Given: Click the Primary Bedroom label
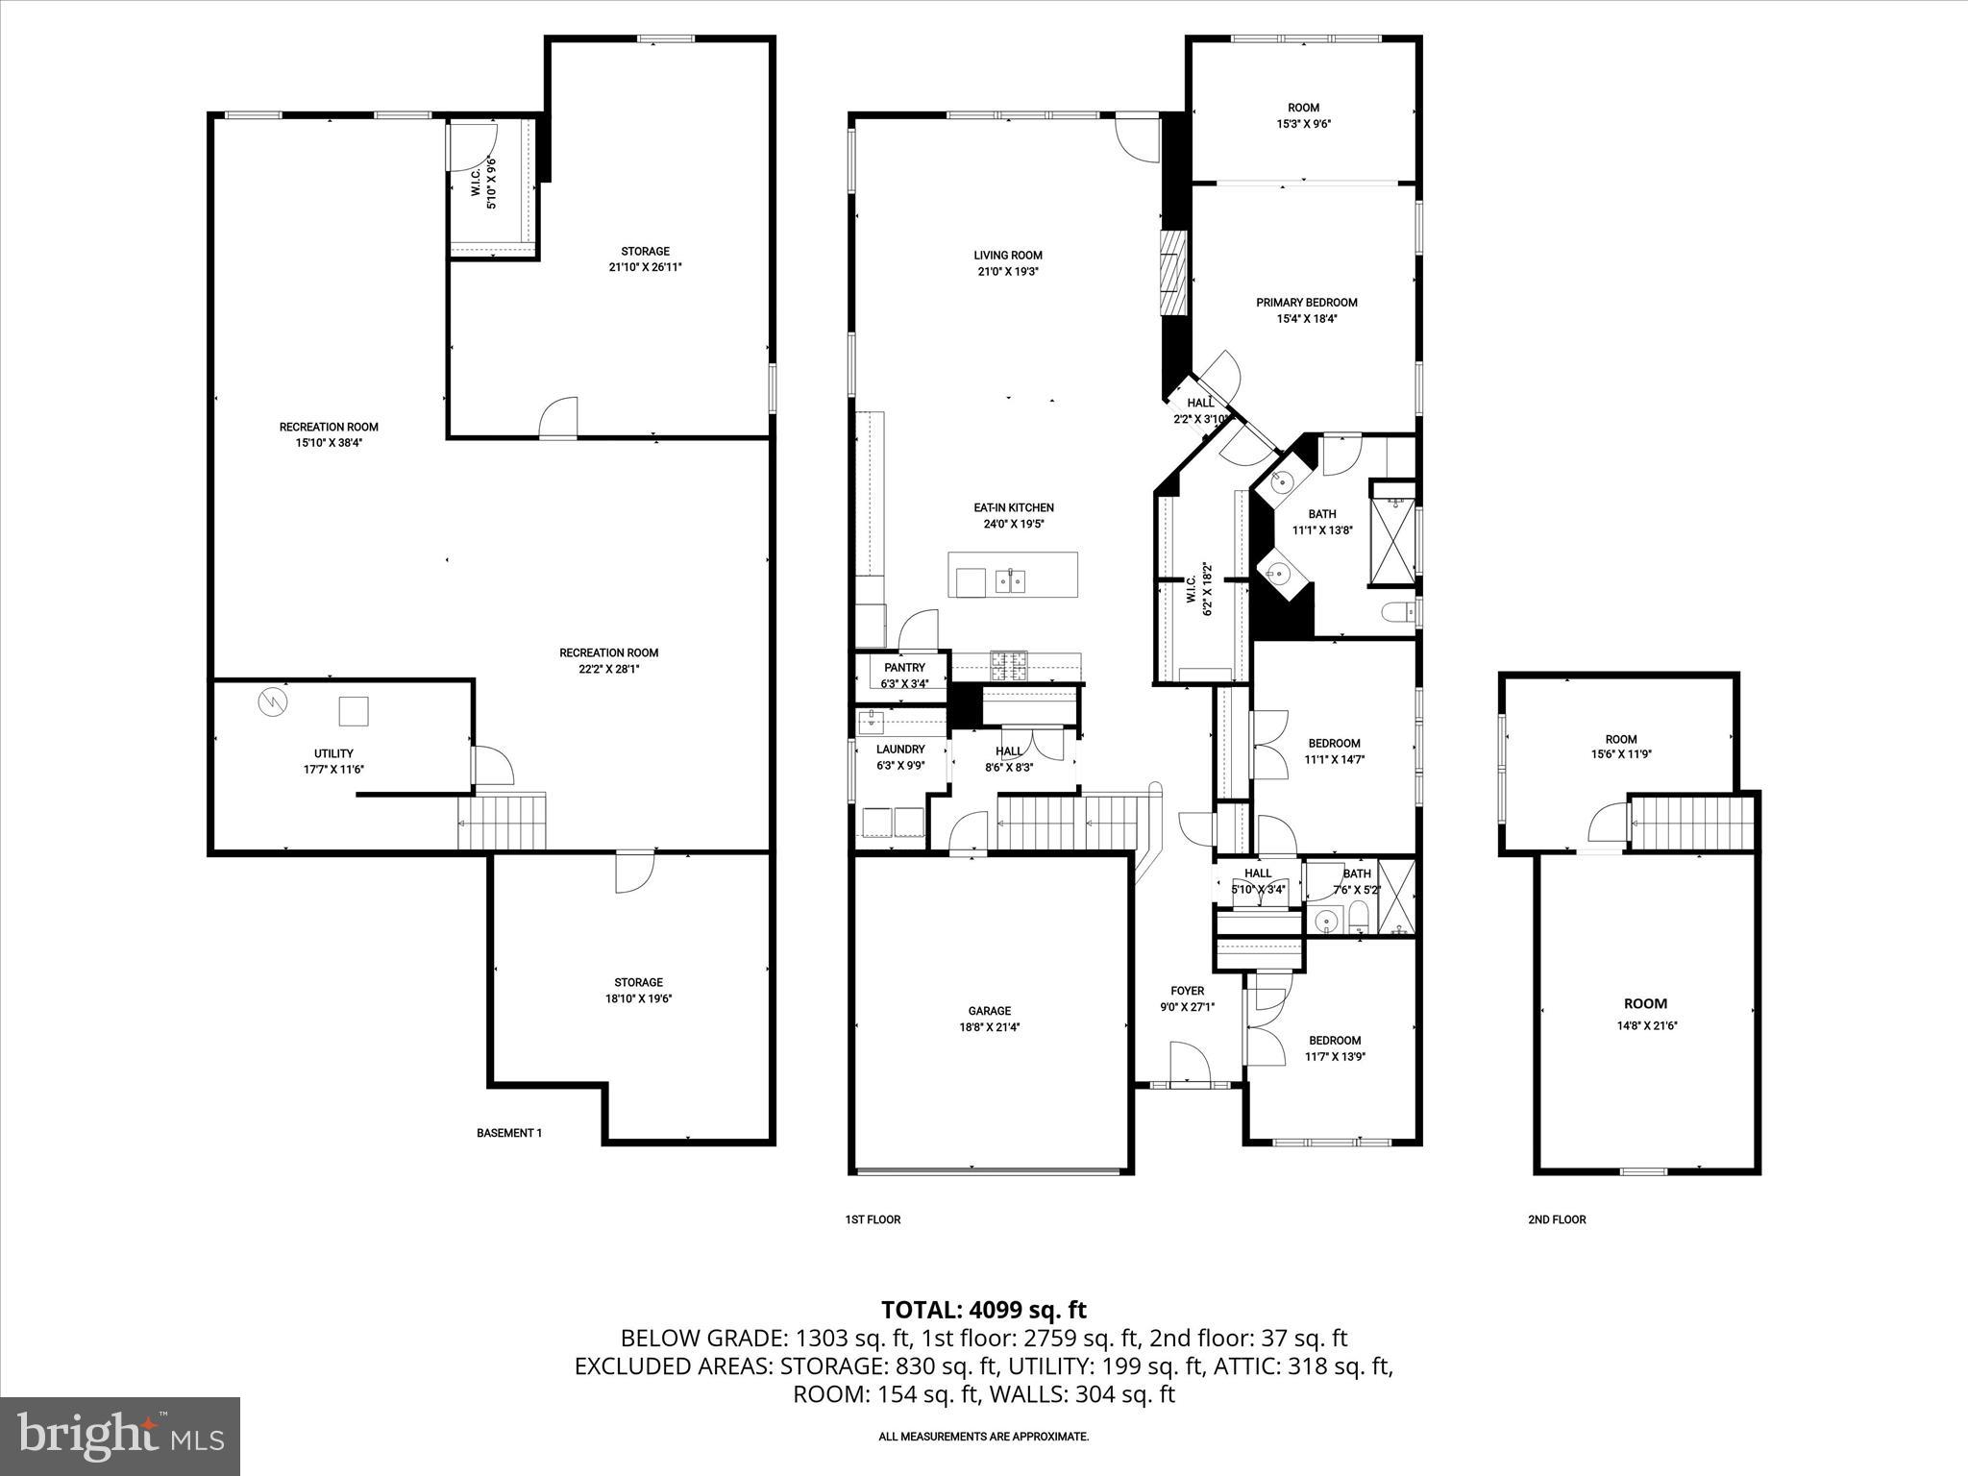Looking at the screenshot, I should click(x=1306, y=303).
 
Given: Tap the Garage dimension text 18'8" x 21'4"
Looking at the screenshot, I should click(x=989, y=1027).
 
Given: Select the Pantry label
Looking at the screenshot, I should click(x=904, y=668).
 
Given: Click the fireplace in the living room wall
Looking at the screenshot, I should click(x=1173, y=273).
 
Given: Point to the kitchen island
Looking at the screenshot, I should click(x=1012, y=575).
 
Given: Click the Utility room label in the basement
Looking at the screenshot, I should click(x=333, y=753).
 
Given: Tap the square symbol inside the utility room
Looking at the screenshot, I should click(x=353, y=711).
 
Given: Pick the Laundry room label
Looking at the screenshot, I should click(x=900, y=750).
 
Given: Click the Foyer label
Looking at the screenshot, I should click(x=1187, y=992).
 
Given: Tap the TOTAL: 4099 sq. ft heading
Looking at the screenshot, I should click(x=983, y=1310).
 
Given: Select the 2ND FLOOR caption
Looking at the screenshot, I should click(x=1557, y=1219).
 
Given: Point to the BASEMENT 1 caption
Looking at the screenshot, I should click(x=509, y=1133).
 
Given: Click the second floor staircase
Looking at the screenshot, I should click(x=1693, y=824).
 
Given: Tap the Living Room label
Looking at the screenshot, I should click(x=1007, y=256).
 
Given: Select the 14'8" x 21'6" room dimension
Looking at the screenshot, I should click(x=1647, y=1025).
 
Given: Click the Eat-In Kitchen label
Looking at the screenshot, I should click(x=1013, y=507).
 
